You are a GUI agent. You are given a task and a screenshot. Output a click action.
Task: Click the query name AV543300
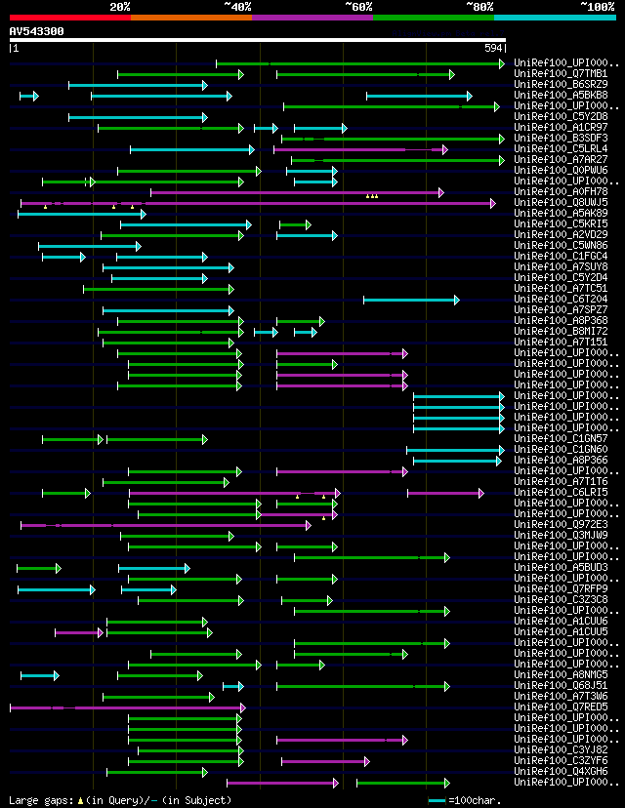37,31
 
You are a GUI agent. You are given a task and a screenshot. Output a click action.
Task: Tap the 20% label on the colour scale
120,7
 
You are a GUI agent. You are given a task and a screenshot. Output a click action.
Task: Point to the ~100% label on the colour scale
597,7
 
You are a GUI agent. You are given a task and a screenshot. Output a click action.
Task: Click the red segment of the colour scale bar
69,17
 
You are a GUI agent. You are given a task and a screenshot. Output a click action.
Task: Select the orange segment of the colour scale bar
190,17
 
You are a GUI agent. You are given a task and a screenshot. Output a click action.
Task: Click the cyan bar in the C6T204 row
410,300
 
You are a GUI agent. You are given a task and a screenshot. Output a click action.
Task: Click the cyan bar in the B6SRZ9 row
137,85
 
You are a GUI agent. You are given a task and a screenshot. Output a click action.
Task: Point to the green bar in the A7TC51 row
157,289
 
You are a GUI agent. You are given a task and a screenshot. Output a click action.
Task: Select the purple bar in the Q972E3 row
166,525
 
